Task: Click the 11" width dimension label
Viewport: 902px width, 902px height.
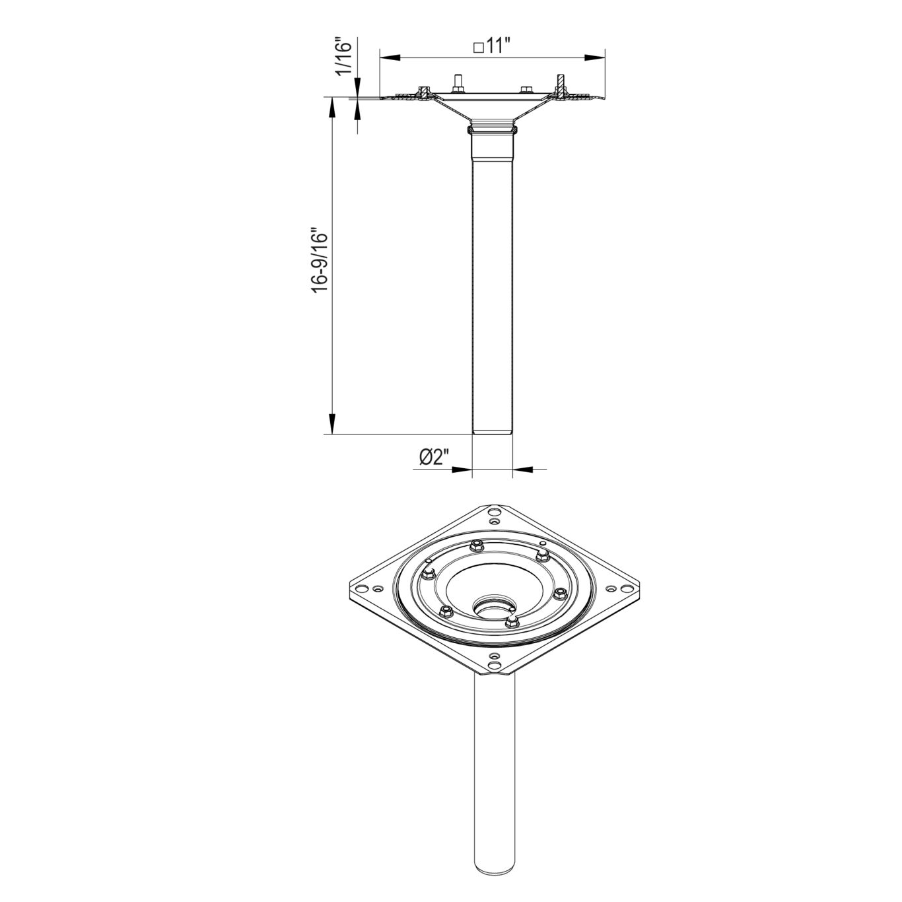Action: click(x=498, y=47)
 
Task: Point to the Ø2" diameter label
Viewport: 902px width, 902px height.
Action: click(x=434, y=456)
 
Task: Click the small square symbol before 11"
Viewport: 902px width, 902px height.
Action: click(x=478, y=48)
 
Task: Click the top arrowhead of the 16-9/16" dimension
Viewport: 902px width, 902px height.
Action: click(x=332, y=108)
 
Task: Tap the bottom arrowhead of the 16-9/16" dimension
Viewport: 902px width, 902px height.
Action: click(x=332, y=423)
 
